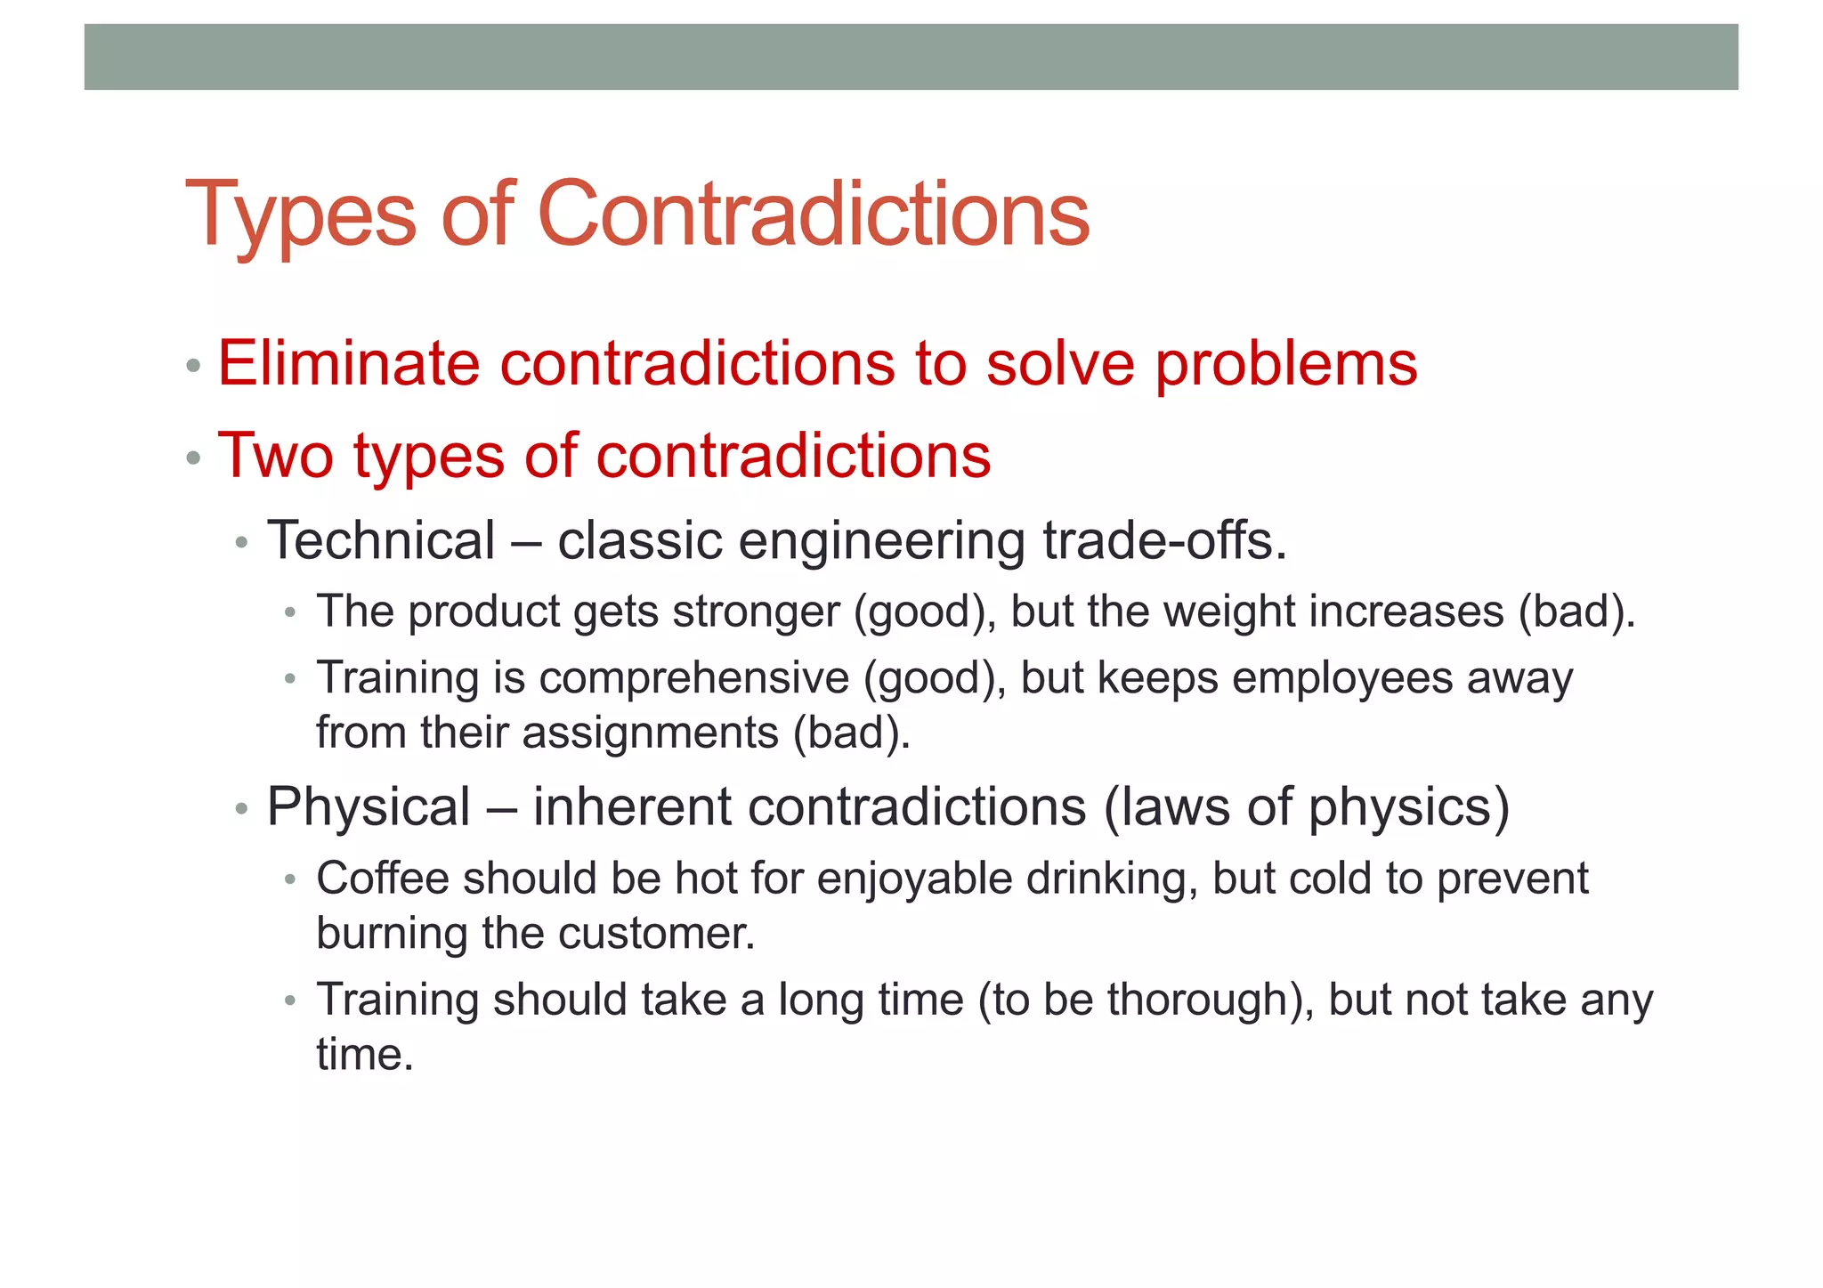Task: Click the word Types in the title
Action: coord(301,215)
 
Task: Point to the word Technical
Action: coord(381,540)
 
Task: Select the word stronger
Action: coord(756,612)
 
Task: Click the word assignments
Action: coord(650,733)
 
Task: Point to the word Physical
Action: coord(369,807)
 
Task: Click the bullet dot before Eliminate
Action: coord(193,366)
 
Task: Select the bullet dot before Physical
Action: coord(242,809)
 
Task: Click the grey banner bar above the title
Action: coord(911,57)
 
